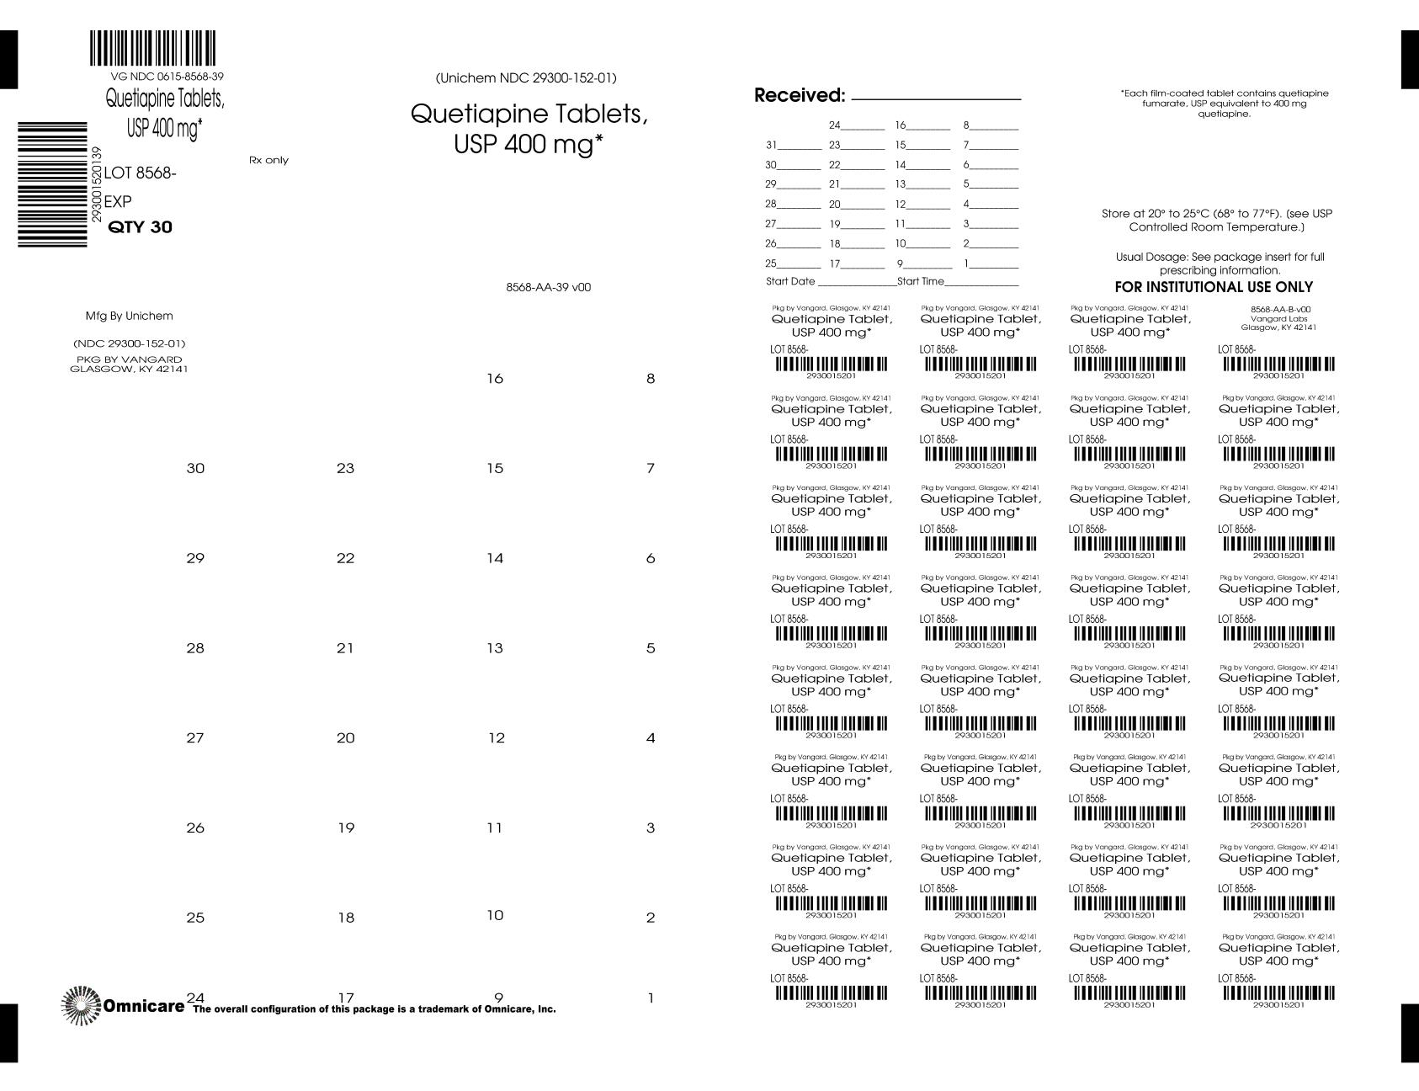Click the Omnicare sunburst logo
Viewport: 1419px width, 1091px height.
82,1005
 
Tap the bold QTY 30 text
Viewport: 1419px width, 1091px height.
141,227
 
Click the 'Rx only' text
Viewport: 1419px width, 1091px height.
268,160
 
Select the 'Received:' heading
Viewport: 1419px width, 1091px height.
799,95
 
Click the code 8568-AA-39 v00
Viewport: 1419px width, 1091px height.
548,287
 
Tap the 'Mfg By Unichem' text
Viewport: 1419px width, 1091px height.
129,317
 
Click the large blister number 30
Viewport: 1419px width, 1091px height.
195,469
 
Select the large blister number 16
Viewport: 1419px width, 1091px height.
495,379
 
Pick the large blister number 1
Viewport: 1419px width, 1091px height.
651,998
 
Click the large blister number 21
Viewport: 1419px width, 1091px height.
345,648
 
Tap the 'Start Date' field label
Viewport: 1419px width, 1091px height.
790,281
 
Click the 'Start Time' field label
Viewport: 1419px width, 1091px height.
921,281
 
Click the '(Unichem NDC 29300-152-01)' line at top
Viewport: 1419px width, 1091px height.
526,78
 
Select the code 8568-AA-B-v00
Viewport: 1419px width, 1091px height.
1280,310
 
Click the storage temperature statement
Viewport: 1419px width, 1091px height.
1216,221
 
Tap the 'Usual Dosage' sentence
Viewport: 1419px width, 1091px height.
1220,263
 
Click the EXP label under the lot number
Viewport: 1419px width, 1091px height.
118,202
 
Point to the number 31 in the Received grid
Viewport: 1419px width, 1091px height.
771,145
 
